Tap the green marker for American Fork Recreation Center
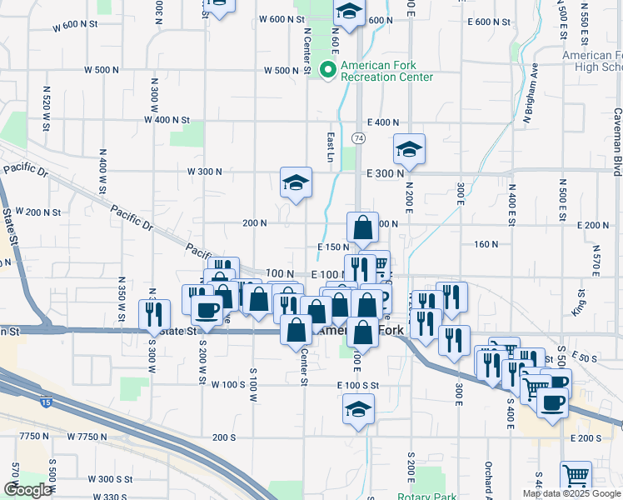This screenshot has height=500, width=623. (328, 70)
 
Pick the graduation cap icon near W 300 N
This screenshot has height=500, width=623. (296, 182)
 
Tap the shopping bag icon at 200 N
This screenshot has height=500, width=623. (363, 227)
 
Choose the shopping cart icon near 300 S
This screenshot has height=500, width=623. (575, 477)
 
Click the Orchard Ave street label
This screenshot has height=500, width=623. (489, 477)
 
